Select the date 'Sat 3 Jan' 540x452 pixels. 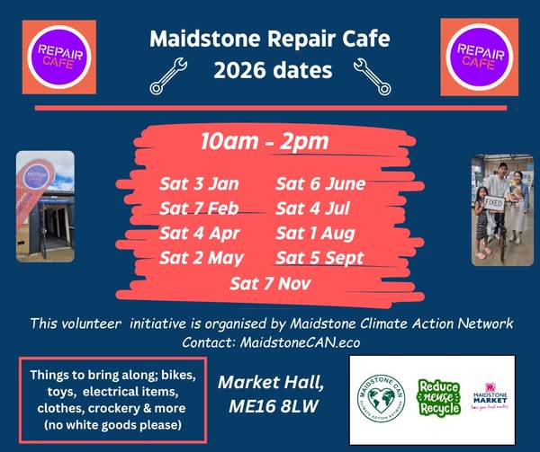coord(199,185)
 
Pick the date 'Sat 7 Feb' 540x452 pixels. coord(200,209)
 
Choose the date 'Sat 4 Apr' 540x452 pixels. coord(200,234)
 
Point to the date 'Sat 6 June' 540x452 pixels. coord(319,185)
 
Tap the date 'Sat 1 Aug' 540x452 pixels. coord(316,234)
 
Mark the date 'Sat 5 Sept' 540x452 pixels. coord(320,259)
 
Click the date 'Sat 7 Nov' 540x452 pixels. coord(269,285)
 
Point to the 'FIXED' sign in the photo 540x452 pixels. coord(494,204)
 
